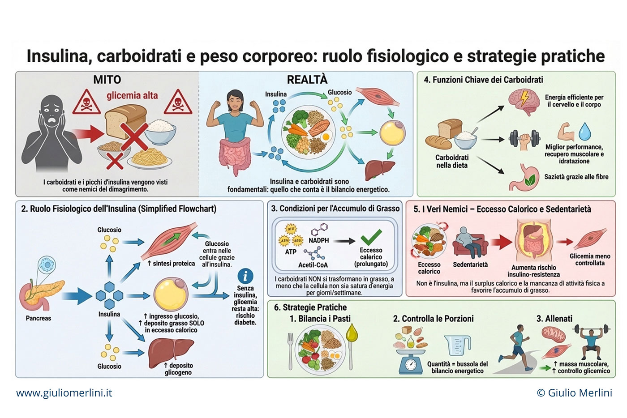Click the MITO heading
[x=107, y=80]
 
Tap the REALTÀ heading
[x=307, y=80]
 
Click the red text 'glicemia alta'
[x=132, y=95]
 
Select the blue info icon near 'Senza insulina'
[x=245, y=276]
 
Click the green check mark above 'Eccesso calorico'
[x=371, y=237]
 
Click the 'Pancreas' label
[x=39, y=318]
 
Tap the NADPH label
[x=319, y=240]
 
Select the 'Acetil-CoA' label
[x=313, y=265]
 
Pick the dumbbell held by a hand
[x=524, y=140]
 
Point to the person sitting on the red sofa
[x=468, y=242]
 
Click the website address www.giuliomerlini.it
[x=64, y=393]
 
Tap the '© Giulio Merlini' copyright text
[x=574, y=393]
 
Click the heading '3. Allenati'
[x=554, y=319]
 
